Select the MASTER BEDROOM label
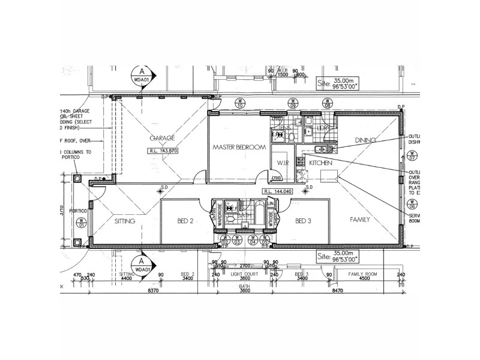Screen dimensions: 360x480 click(x=238, y=147)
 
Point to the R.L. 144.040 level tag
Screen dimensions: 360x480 click(x=278, y=191)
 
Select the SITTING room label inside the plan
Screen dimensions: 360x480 click(x=125, y=221)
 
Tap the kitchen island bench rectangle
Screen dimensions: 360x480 click(x=329, y=176)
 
